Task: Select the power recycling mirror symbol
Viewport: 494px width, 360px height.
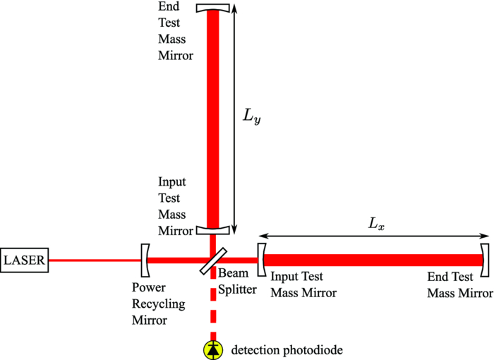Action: pyautogui.click(x=145, y=260)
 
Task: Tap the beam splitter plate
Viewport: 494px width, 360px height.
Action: pyautogui.click(x=212, y=260)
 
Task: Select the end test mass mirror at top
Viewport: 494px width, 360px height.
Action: pyautogui.click(x=212, y=8)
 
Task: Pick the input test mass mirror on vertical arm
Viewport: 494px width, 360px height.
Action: pyautogui.click(x=212, y=230)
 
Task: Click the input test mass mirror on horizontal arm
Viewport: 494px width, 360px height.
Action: pyautogui.click(x=261, y=260)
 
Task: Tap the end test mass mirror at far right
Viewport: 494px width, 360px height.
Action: pyautogui.click(x=485, y=260)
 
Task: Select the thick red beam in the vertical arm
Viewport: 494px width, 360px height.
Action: pyautogui.click(x=212, y=120)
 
